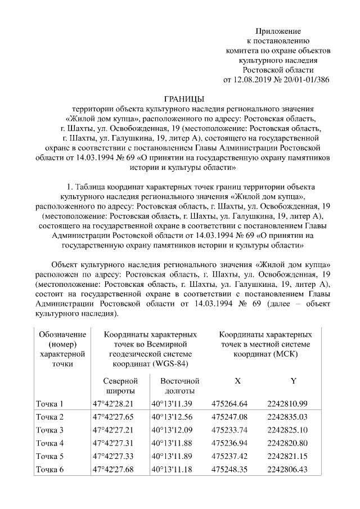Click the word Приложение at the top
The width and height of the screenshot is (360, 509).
[278, 31]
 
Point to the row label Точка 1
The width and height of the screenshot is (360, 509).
[50, 403]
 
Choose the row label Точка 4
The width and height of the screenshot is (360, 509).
[50, 443]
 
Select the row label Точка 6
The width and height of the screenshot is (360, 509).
[50, 469]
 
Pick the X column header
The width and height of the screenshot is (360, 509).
[237, 381]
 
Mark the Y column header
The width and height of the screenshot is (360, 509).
[293, 381]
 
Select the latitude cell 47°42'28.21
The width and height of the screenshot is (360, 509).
[115, 403]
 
